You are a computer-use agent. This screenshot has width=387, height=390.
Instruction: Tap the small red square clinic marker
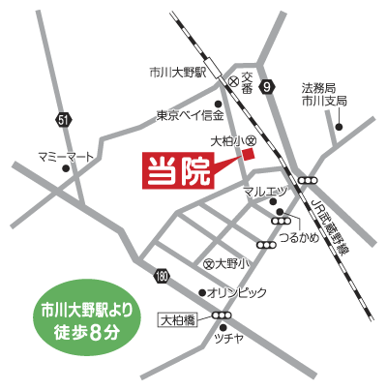click(249, 156)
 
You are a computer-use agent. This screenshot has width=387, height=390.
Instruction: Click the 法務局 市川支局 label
click(323, 94)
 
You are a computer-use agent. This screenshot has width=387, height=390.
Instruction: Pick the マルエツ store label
click(264, 192)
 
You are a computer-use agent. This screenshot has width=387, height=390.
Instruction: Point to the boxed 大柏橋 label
click(179, 315)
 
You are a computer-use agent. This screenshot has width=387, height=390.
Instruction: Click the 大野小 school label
click(231, 263)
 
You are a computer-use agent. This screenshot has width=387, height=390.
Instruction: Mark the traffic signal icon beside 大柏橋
click(223, 315)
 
